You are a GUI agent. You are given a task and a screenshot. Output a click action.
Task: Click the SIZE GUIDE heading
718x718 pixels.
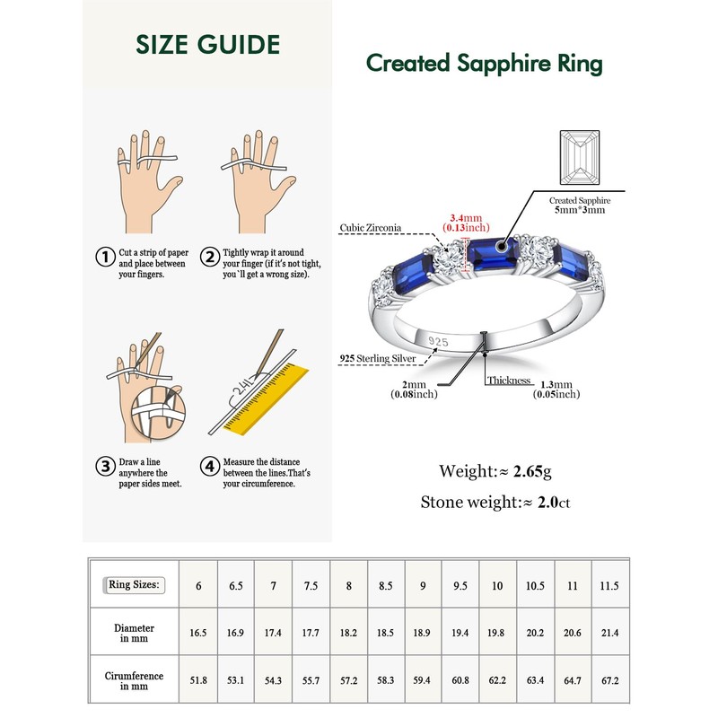tap(208, 45)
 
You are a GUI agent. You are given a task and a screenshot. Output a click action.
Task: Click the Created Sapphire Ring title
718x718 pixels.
tap(484, 64)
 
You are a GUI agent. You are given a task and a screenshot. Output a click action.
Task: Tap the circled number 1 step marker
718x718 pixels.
tap(105, 257)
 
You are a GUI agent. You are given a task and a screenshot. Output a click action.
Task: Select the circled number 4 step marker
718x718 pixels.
tap(209, 467)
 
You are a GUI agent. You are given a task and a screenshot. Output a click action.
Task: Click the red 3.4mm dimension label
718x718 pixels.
tap(466, 216)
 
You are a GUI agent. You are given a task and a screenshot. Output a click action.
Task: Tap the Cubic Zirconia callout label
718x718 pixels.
tap(370, 228)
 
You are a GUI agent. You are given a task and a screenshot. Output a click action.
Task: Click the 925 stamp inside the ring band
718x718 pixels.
tap(438, 341)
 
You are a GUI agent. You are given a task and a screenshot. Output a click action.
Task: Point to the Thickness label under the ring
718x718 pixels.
tap(510, 381)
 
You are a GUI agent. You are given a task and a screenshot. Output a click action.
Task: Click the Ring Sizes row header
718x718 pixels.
tap(134, 585)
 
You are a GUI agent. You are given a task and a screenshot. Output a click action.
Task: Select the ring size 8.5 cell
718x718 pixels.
tap(384, 586)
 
